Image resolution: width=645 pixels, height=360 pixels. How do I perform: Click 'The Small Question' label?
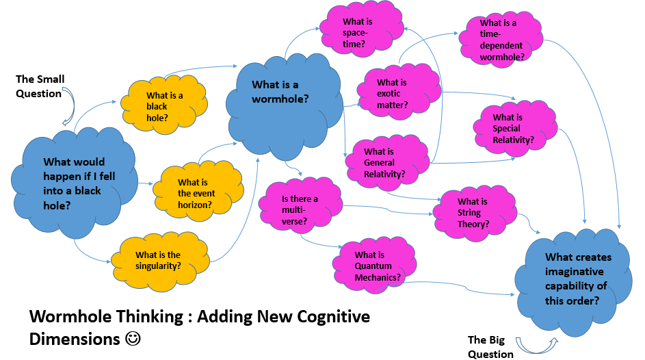click(40, 86)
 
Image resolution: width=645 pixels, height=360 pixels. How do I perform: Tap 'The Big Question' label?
click(490, 347)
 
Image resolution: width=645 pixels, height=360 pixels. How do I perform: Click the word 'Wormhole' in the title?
click(64, 317)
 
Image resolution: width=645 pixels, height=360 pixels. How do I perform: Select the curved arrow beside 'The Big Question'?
click(536, 343)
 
